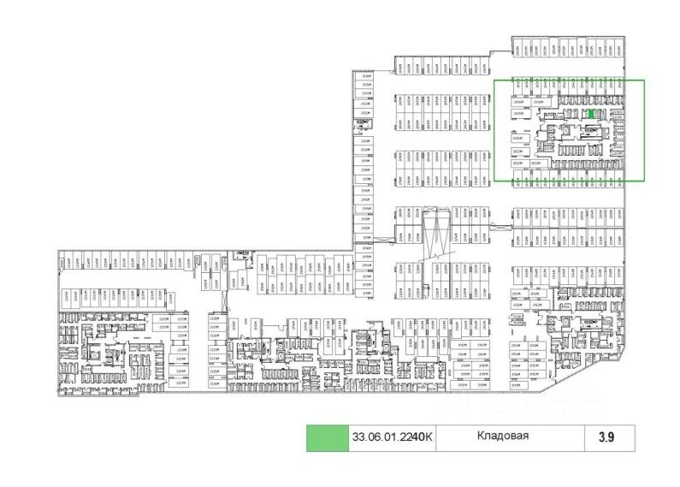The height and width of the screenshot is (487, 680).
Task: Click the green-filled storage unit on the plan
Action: (592, 114)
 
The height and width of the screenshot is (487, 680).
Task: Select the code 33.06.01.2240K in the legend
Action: (393, 438)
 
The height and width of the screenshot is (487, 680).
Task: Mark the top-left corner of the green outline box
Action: (494, 80)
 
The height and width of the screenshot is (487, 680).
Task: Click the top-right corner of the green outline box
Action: (644, 80)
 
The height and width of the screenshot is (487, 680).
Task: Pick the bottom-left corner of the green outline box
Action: (494, 181)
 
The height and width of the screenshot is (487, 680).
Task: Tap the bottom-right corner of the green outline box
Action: (644, 181)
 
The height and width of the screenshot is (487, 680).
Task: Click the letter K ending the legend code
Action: (431, 438)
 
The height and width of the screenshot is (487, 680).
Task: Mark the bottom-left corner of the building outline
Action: (59, 395)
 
